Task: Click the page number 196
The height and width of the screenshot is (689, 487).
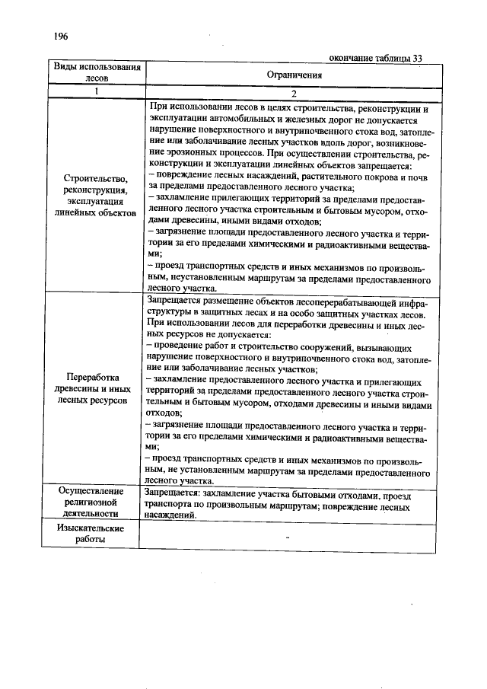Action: (x=62, y=37)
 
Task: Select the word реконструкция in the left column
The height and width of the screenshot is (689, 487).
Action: (x=97, y=190)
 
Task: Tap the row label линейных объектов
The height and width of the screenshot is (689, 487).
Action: (x=96, y=214)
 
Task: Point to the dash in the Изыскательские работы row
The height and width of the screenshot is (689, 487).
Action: (x=288, y=537)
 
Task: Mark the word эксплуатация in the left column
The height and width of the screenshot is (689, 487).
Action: (x=97, y=202)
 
